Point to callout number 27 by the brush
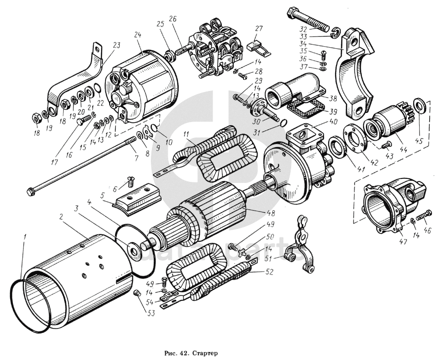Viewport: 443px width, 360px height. pyautogui.click(x=259, y=28)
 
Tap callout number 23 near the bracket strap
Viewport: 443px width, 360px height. pyautogui.click(x=116, y=45)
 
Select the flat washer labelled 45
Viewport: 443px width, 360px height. pyautogui.click(x=419, y=105)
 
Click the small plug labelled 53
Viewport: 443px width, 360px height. pyautogui.click(x=136, y=294)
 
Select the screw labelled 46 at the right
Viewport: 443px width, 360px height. pyautogui.click(x=423, y=214)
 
